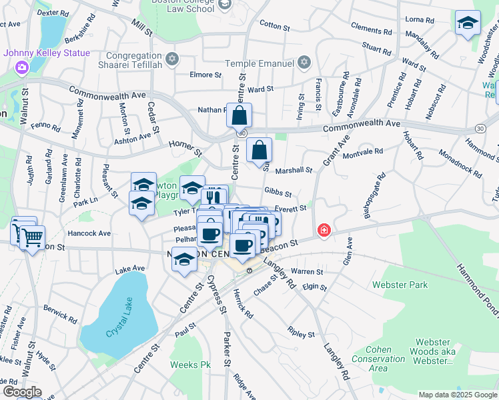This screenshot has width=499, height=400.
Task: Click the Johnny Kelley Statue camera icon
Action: (22, 67)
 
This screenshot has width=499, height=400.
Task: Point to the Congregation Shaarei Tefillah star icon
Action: (172, 59)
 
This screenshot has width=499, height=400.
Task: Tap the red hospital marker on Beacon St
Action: (324, 230)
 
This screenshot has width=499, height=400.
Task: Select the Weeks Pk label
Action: (190, 365)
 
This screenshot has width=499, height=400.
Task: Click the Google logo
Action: (21, 392)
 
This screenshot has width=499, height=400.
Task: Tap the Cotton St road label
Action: (275, 26)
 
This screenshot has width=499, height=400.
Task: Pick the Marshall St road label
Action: (294, 171)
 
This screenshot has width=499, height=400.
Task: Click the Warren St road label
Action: (308, 272)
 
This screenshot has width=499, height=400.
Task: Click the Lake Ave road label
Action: (129, 269)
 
